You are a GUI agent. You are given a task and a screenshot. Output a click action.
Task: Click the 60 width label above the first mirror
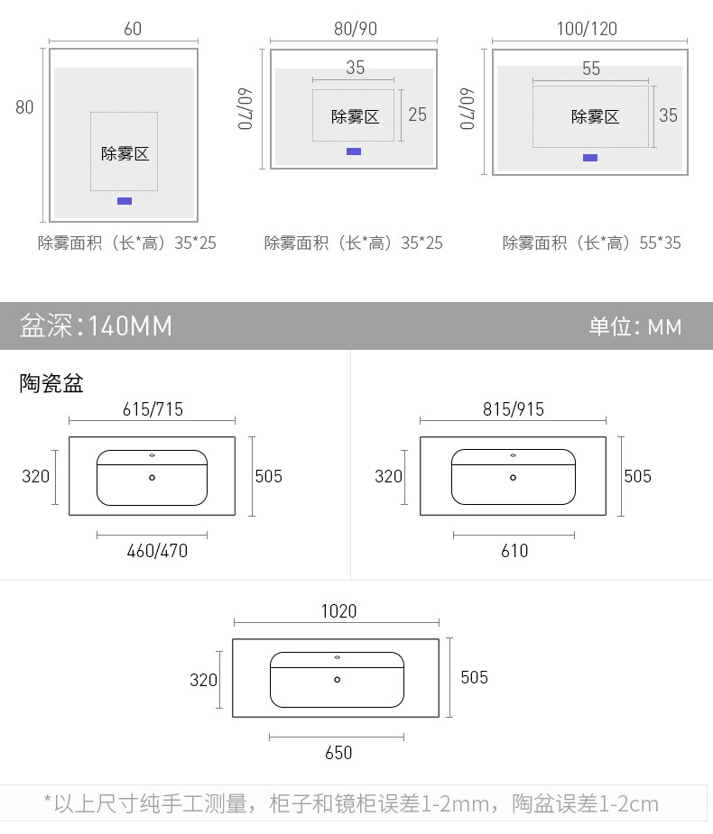coord(133,29)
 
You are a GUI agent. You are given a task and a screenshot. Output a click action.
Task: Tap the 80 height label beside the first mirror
coord(24,106)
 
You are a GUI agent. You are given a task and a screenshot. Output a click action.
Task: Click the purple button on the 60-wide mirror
coord(125,200)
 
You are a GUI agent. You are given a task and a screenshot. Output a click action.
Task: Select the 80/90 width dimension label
coord(356,29)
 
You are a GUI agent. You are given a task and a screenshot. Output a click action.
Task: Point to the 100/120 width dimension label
coord(587,29)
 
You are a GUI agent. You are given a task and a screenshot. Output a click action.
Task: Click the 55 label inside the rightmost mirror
coord(591,69)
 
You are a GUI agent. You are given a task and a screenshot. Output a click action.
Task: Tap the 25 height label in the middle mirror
coord(417,115)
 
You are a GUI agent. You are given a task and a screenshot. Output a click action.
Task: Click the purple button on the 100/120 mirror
coord(590,158)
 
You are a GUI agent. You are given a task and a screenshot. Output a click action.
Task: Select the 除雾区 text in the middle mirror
coord(355,116)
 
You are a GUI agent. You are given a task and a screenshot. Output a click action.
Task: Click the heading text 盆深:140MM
coord(96,325)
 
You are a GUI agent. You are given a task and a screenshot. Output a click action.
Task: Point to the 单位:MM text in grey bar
coord(635,326)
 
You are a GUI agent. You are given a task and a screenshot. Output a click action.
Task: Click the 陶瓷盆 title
coord(51,384)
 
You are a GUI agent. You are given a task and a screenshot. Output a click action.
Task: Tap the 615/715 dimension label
coord(153,409)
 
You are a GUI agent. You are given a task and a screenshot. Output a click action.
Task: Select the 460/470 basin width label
coord(157,550)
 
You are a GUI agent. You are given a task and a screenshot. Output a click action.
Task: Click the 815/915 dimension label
coord(514,409)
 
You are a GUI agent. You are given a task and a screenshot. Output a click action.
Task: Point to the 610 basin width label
coord(514,550)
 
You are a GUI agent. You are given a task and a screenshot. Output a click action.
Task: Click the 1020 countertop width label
coord(338,611)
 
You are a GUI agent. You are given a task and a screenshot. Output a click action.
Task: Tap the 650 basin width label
coord(338,752)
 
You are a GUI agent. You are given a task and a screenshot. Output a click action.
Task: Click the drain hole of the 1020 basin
coord(338,679)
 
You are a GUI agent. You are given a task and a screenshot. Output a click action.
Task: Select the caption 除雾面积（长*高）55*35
coord(592,243)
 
